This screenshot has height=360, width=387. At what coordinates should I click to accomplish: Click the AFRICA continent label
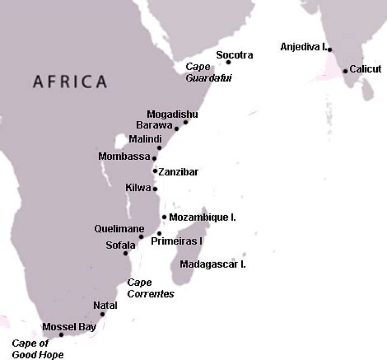pos(70,82)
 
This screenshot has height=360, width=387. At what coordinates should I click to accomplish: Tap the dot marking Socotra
pos(228,62)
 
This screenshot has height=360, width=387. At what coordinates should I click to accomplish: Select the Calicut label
pos(365,69)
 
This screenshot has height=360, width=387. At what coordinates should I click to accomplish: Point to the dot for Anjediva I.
pos(330,50)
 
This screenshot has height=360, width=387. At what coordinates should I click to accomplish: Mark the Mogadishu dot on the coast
pos(185,123)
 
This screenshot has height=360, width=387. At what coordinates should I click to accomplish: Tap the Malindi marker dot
pos(159,148)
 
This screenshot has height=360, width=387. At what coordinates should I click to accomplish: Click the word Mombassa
pos(125,157)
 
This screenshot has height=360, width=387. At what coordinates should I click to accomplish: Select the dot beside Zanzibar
pos(155,171)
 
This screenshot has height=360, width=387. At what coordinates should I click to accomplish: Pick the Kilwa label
pos(138,188)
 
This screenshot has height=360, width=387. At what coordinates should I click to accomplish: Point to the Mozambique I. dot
pos(164,217)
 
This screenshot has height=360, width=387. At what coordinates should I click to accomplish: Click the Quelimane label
pos(119,228)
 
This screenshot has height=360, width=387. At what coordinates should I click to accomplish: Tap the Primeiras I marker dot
pos(159,234)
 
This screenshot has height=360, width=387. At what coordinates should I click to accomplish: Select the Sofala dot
pos(126,253)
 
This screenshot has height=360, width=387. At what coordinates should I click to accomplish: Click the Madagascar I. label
pos(213,264)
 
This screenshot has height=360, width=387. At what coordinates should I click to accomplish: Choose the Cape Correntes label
pos(150,288)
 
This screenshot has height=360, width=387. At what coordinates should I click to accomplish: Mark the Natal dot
pos(102,314)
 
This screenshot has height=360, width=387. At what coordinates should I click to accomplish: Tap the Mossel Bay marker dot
pos(61,335)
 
